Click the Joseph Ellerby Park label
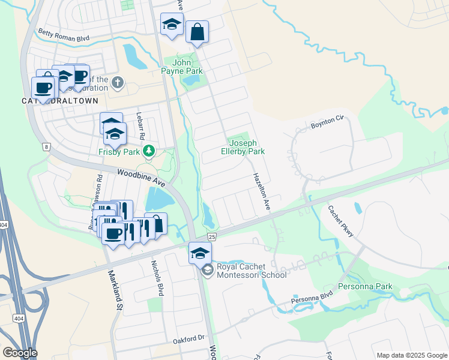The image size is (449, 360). pyautogui.click(x=246, y=147)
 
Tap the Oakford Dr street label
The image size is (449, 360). pyautogui.click(x=189, y=339)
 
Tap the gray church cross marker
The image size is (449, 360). pyautogui.click(x=118, y=82)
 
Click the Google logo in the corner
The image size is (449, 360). pyautogui.click(x=20, y=353)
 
